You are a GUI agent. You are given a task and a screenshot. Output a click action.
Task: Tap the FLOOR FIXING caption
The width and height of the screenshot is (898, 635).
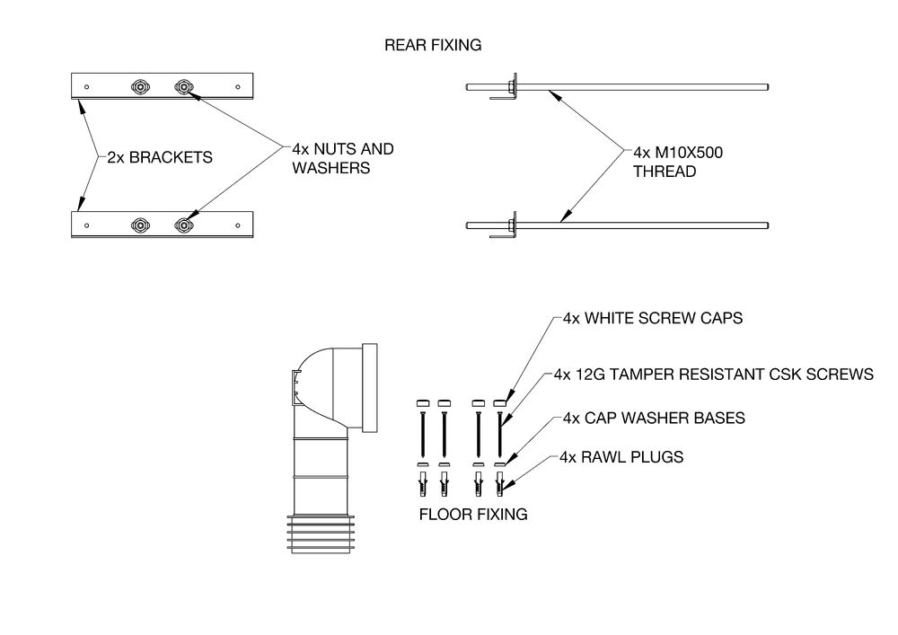click(473, 516)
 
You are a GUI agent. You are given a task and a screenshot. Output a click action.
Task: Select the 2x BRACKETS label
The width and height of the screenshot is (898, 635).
click(159, 156)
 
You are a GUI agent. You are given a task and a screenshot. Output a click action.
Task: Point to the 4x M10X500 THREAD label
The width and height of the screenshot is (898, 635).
click(678, 162)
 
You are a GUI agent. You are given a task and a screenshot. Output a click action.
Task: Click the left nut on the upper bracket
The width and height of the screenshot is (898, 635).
click(140, 86)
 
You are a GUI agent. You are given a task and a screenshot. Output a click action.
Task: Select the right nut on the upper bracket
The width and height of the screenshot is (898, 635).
click(182, 86)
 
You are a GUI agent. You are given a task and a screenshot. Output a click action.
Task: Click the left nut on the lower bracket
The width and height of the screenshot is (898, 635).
click(140, 224)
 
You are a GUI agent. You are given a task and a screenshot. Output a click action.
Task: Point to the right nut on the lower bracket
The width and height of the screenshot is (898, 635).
click(182, 224)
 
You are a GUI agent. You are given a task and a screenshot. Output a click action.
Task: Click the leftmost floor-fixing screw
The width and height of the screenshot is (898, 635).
click(419, 434)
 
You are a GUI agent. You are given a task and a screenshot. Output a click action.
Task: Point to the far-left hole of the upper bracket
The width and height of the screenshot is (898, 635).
click(86, 87)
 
